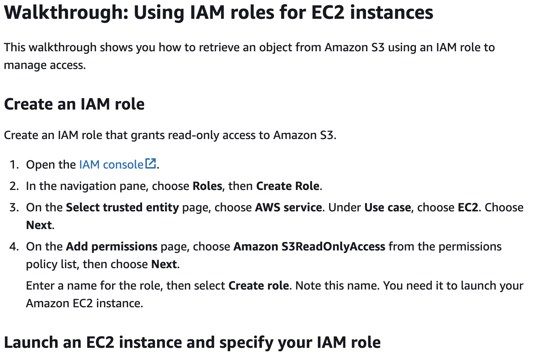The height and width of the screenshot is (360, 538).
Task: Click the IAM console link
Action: click(x=111, y=165)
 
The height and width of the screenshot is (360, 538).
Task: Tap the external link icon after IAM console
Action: click(x=151, y=163)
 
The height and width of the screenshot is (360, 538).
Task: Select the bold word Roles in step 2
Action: click(x=207, y=186)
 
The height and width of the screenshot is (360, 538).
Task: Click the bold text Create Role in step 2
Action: click(x=287, y=186)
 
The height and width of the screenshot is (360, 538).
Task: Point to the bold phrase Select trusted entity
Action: click(x=122, y=207)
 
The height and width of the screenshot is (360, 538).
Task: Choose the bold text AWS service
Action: click(x=288, y=207)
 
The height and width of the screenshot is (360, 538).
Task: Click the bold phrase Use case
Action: click(x=387, y=207)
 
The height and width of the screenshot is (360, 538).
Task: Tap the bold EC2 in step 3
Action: click(x=468, y=207)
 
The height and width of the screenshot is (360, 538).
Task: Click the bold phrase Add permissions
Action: click(x=111, y=246)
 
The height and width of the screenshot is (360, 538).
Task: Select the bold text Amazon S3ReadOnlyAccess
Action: click(x=309, y=246)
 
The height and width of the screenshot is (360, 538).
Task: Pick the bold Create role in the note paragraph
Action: click(x=258, y=285)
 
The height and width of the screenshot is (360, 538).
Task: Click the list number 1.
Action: click(x=14, y=165)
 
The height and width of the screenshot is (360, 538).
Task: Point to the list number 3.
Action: click(x=14, y=207)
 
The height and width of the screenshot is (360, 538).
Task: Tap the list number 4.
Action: click(x=14, y=246)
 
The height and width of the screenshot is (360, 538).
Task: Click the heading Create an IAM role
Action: click(x=74, y=104)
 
